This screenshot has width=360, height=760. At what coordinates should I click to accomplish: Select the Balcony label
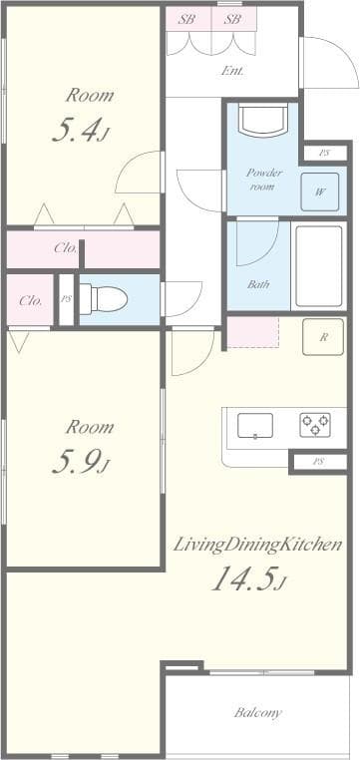257,713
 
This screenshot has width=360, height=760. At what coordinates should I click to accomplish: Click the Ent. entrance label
232,71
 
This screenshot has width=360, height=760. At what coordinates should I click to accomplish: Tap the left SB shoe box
187,19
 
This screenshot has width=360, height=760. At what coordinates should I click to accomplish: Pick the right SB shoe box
232,19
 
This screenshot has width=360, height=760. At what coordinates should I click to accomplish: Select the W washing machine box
320,191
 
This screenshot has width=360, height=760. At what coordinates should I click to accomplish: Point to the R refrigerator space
324,337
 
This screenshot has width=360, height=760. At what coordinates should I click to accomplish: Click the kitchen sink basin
255,426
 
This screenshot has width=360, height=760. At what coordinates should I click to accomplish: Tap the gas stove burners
315,425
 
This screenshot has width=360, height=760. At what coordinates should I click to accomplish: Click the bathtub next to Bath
317,264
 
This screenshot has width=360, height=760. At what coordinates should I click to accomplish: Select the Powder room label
264,180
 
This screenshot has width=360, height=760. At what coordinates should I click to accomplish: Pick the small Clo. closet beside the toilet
30,299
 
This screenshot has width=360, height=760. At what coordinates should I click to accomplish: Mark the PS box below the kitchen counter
318,462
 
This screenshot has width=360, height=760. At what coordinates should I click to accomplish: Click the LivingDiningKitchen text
258,546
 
